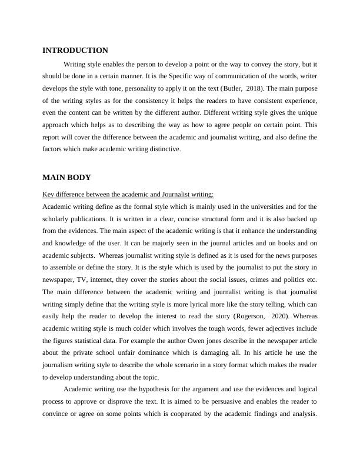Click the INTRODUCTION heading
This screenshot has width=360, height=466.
tap(75, 51)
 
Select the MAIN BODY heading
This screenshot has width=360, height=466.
tap(66, 177)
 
